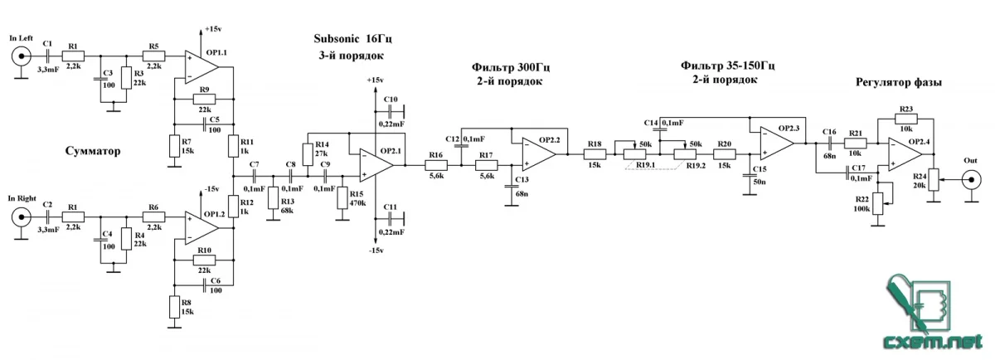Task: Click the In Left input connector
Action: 18,57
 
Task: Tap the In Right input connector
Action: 18,218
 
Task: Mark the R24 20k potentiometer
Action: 934,179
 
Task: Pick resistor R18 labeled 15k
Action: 595,154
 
